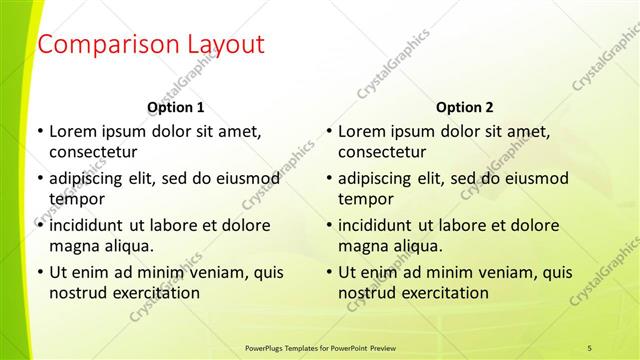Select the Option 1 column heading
[x=176, y=107]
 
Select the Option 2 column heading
[x=465, y=107]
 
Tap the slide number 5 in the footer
[x=590, y=347]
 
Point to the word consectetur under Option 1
[x=93, y=152]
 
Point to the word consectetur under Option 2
[x=382, y=152]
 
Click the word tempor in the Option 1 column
[x=73, y=198]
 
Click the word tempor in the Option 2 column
[x=362, y=198]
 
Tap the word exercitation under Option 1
[x=153, y=293]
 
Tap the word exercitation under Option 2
[x=442, y=293]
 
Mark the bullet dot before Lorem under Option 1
[x=38, y=131]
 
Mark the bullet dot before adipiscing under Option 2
[x=327, y=178]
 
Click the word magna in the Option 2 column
[x=361, y=245]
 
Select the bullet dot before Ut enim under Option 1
[x=38, y=272]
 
